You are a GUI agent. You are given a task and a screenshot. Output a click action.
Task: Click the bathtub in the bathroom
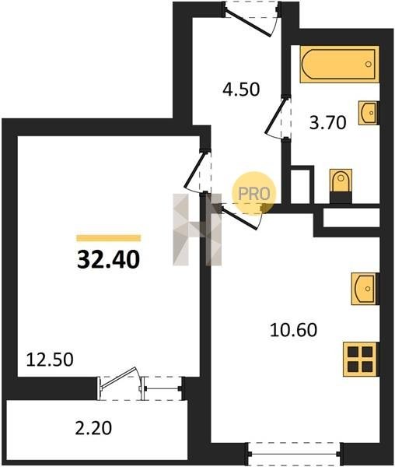click(x=339, y=64)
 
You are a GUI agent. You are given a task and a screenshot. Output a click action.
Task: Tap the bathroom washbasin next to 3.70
click(x=369, y=113)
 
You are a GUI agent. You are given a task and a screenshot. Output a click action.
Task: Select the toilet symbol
click(x=341, y=186)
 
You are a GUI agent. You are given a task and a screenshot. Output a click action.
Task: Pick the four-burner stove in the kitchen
click(x=361, y=360)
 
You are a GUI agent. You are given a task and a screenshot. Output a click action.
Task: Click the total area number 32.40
click(x=108, y=259)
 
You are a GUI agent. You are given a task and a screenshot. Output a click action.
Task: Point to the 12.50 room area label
click(x=50, y=360)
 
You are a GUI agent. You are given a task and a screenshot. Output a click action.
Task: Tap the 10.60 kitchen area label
click(x=294, y=330)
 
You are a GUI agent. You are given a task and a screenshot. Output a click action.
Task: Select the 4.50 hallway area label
click(x=241, y=89)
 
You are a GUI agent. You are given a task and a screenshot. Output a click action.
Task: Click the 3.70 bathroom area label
click(x=328, y=122)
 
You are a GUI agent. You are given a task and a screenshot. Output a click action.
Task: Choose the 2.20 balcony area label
click(x=93, y=428)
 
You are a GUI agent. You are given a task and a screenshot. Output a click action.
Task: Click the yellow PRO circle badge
click(x=254, y=194)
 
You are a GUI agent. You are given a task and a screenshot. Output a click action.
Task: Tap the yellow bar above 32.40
click(x=109, y=237)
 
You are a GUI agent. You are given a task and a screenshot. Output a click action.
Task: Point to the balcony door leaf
click(x=118, y=377)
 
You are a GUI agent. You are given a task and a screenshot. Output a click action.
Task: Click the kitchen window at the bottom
click(x=295, y=454)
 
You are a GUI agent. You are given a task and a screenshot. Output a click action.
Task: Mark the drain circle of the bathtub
click(x=369, y=64)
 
